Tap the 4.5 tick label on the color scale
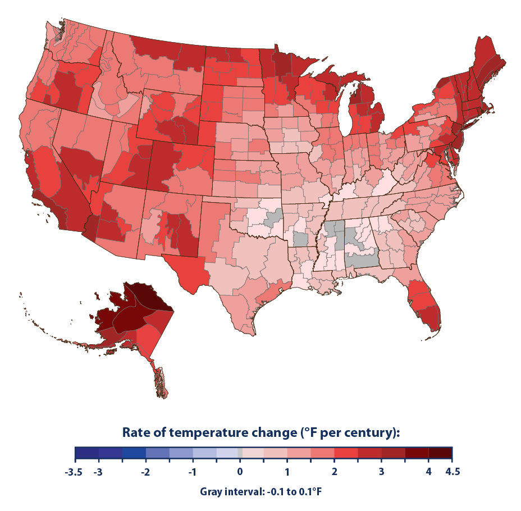pyautogui.click(x=452, y=472)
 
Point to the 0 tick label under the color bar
pyautogui.click(x=240, y=472)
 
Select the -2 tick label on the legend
pyautogui.click(x=145, y=472)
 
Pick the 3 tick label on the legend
pyautogui.click(x=381, y=472)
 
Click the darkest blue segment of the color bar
pyautogui.click(x=86, y=453)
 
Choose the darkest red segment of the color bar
pyautogui.click(x=440, y=453)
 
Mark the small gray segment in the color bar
pyautogui.click(x=240, y=453)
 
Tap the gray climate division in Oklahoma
pyautogui.click(x=275, y=217)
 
